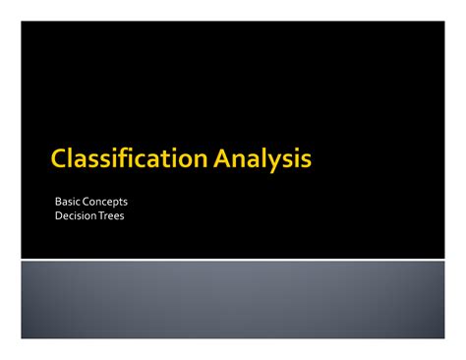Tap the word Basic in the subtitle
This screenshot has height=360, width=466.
coord(69,202)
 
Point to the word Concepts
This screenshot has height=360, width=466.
coord(107,202)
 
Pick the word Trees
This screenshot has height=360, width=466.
coord(111,216)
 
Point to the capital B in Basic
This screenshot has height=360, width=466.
coord(59,202)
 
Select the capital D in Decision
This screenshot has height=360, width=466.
coord(59,216)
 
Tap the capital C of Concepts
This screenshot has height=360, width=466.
coord(88,202)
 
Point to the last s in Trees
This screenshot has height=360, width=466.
coord(122,217)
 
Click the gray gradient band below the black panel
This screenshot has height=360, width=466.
coord(233,299)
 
